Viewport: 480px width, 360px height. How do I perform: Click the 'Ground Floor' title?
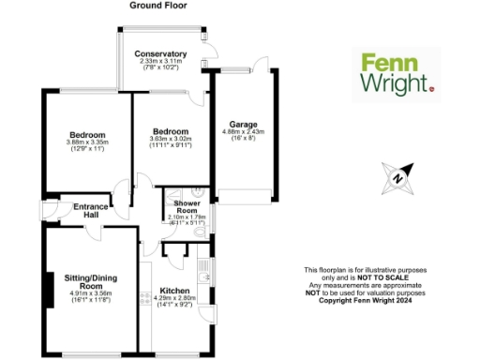[x=159, y=7]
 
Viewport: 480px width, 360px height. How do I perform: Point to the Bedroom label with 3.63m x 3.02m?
[x=170, y=131]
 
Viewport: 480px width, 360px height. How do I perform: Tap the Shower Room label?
[x=187, y=206]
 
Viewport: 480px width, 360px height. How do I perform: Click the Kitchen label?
[x=174, y=291]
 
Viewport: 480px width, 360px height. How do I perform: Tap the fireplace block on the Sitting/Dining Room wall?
[x=47, y=284]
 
